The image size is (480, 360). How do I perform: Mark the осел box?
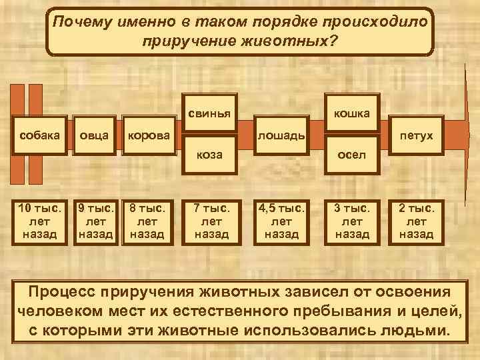353,155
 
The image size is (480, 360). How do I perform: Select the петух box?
417,136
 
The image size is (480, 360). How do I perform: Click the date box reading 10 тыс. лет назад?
37,221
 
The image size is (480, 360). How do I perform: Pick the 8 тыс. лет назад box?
147,221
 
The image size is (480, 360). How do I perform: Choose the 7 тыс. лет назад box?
211,221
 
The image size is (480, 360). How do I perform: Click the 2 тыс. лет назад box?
417,221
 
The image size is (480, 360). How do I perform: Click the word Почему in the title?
82,22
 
